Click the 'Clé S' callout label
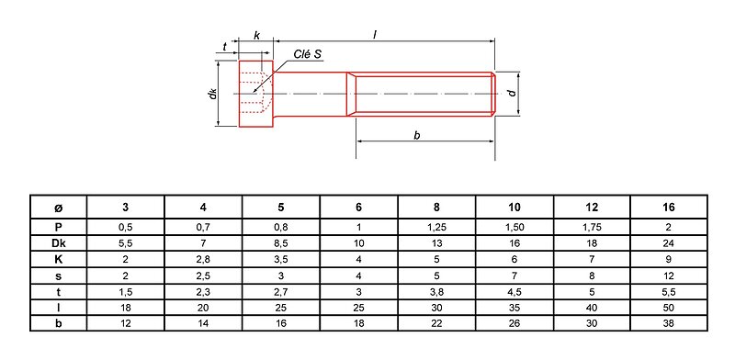click(x=308, y=54)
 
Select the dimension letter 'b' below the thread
click(x=417, y=135)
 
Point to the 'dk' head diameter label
click(x=213, y=94)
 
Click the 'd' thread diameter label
click(x=513, y=93)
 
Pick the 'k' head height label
click(x=256, y=35)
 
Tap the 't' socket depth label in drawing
click(x=225, y=47)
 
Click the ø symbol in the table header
click(x=59, y=208)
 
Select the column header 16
click(x=669, y=208)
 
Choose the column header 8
click(x=437, y=208)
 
